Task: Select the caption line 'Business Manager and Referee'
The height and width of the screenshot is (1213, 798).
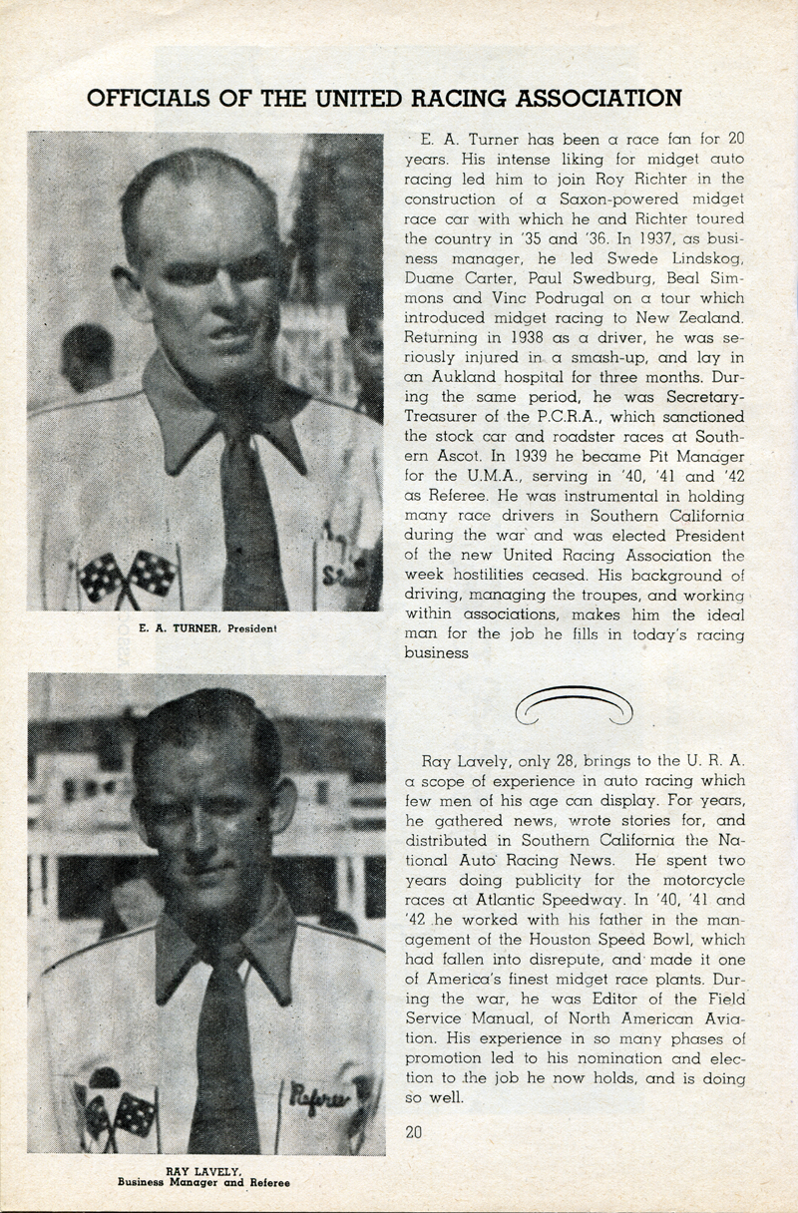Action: (x=203, y=1182)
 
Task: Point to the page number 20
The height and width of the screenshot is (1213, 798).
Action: (x=415, y=1131)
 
